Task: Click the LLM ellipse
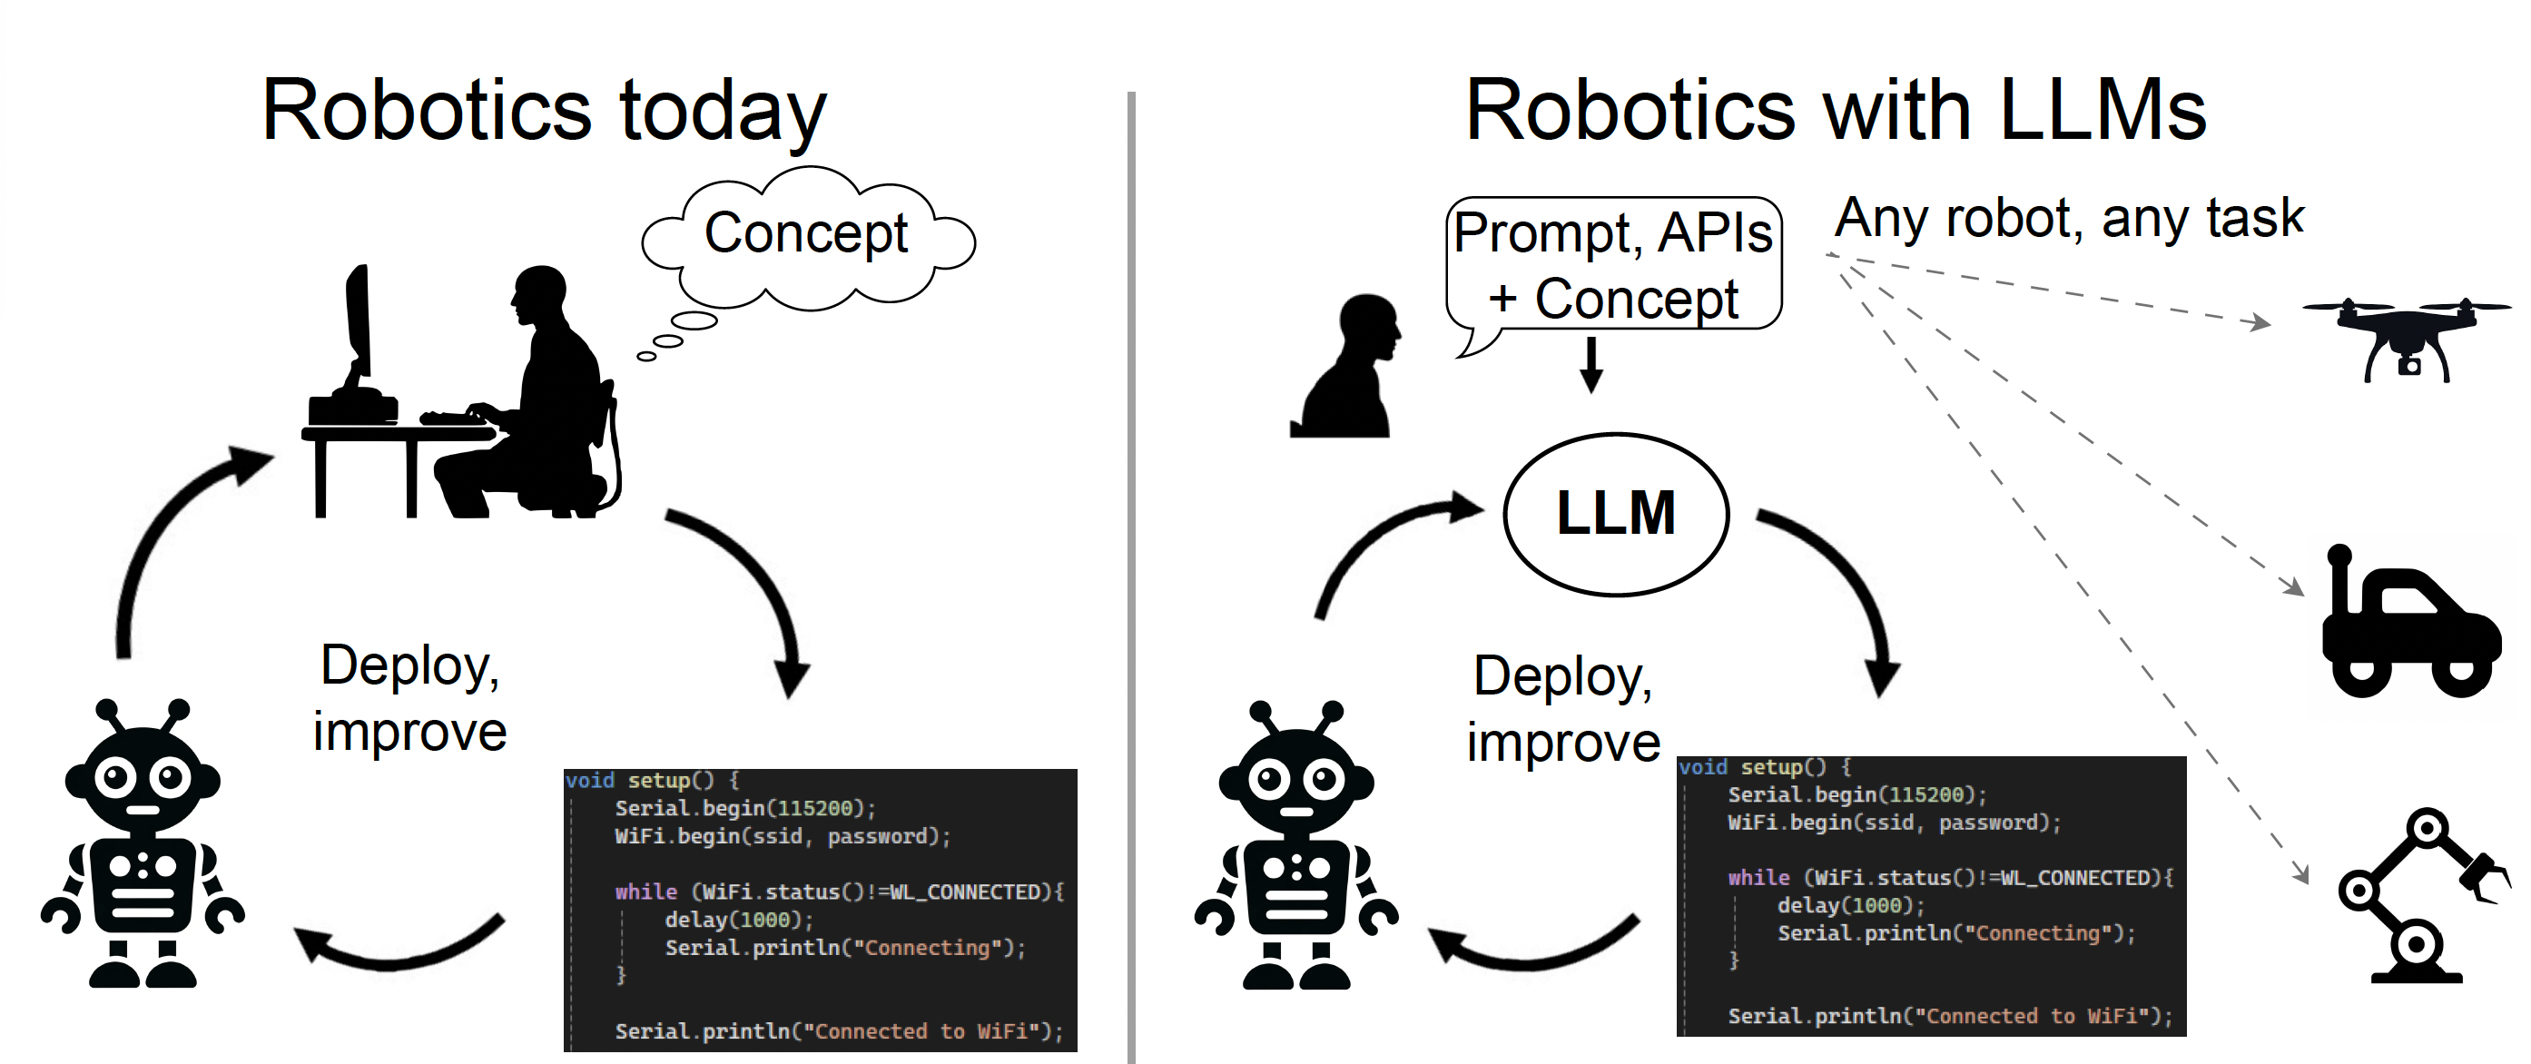coord(1615,514)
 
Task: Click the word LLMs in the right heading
coord(2103,110)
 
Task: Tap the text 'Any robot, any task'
coord(2068,218)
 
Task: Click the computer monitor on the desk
coord(359,324)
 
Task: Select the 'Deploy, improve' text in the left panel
coord(409,697)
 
